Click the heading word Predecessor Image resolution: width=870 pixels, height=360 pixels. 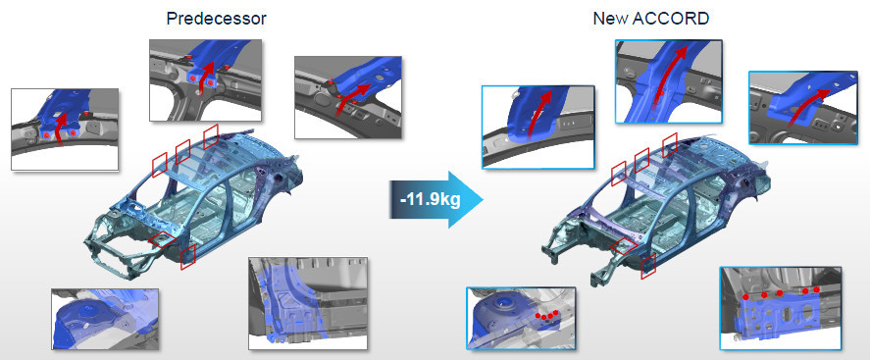[217, 19]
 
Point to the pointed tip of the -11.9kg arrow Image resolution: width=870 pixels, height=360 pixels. [484, 200]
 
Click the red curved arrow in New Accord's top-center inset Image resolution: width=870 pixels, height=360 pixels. [671, 75]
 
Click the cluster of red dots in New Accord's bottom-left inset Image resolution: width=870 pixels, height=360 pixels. [546, 315]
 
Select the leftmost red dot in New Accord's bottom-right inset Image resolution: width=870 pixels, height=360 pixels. [746, 297]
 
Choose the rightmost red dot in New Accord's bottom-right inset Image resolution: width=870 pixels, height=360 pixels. [816, 289]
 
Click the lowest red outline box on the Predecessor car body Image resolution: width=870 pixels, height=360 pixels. [188, 257]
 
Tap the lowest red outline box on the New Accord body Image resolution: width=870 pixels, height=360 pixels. [648, 266]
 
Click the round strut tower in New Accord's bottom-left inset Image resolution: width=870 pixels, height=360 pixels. [503, 308]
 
